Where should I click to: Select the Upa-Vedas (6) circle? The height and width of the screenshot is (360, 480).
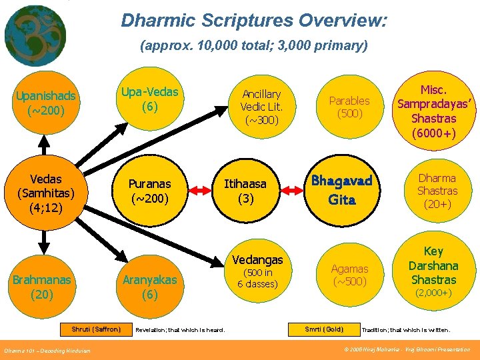coord(149,99)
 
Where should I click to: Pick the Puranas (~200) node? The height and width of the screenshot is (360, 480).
coord(149,191)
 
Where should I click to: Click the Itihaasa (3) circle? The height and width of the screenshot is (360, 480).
coord(245,191)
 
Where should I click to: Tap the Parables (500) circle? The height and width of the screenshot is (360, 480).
coord(349,107)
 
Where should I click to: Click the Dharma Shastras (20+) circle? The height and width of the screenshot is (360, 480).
coord(437,191)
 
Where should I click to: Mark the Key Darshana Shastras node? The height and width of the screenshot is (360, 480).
coord(433,270)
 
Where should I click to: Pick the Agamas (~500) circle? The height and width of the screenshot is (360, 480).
coord(349,275)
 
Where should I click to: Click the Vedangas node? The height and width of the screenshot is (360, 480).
coord(257,272)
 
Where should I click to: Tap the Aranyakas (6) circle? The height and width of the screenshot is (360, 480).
coord(149,287)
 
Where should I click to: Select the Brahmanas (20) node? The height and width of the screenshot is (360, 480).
coord(42,287)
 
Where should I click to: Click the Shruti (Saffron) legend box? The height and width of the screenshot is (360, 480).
coord(96,329)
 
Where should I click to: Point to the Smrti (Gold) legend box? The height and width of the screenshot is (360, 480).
coord(324,329)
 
